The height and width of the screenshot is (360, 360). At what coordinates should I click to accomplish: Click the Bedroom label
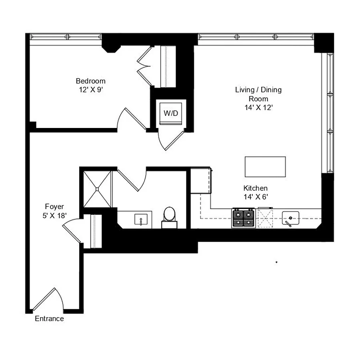[x=90, y=81]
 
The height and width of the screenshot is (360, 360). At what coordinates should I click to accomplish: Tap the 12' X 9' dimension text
[x=91, y=90]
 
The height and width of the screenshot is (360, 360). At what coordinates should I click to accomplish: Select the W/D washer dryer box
[x=171, y=113]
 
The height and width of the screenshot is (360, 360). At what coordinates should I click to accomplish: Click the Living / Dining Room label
[x=258, y=94]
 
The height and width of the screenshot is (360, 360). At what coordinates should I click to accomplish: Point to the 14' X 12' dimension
[x=258, y=108]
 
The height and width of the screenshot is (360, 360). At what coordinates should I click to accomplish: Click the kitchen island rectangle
[x=265, y=167]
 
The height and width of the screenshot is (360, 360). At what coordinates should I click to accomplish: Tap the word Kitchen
[x=255, y=188]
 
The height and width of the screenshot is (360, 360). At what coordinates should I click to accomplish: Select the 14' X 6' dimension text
[x=256, y=197]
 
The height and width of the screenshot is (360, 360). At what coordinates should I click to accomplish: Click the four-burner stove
[x=244, y=218]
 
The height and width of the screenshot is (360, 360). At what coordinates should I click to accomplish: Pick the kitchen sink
[x=290, y=218]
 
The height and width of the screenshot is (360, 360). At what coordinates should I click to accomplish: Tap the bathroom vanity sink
[x=141, y=219]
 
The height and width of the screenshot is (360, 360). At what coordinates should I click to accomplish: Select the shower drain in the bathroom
[x=97, y=189]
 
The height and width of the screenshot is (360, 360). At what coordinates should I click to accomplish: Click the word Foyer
[x=54, y=207]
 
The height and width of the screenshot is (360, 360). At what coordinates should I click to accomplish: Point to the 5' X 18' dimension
[x=55, y=216]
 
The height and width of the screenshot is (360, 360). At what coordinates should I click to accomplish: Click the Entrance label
[x=49, y=319]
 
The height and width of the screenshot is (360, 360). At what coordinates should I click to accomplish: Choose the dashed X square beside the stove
[x=266, y=218]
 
